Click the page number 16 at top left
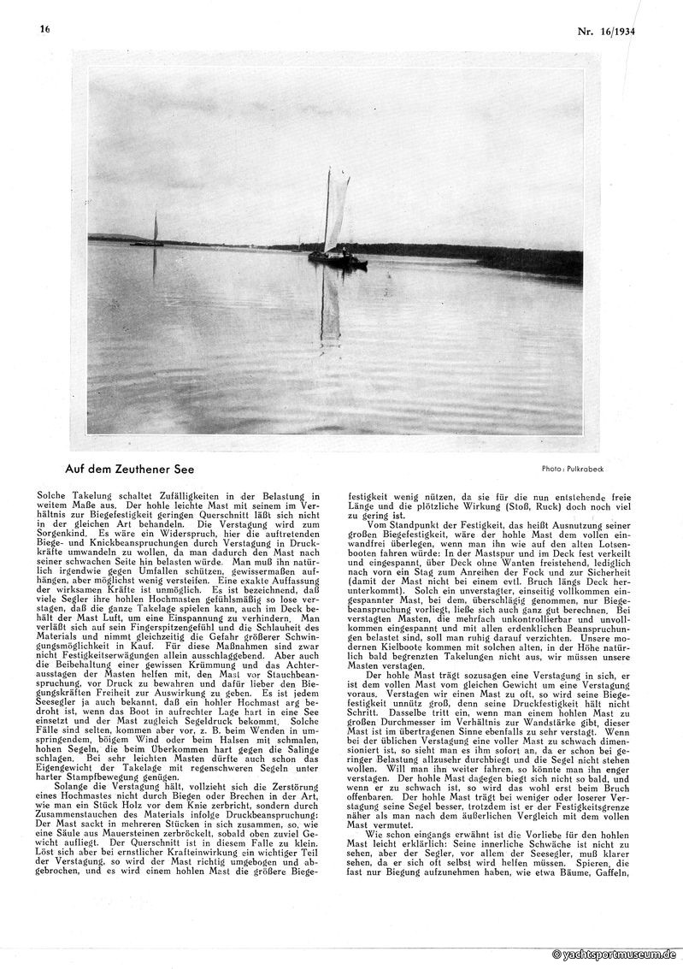(44, 28)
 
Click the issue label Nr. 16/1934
(611, 32)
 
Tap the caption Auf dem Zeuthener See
(129, 469)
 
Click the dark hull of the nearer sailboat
(338, 259)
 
